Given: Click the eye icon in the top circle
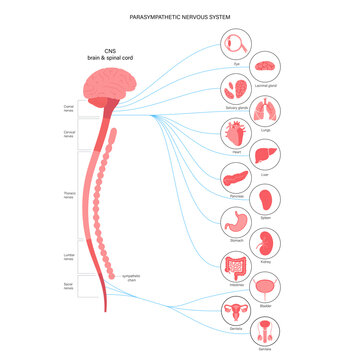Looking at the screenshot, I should [x=236, y=46].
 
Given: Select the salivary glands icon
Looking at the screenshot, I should [x=236, y=91].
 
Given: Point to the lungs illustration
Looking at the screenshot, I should [x=269, y=113].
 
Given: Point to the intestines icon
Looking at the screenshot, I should [x=236, y=266].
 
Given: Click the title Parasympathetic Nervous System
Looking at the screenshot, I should [x=180, y=17].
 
